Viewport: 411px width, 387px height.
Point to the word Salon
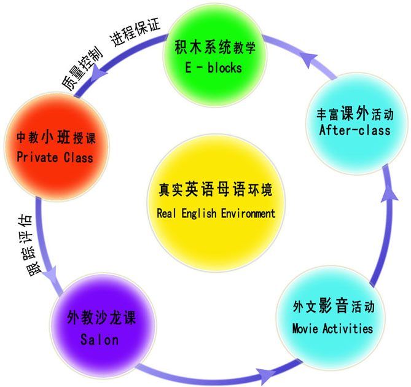coord(100,339)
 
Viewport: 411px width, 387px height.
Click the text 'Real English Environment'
coord(216,214)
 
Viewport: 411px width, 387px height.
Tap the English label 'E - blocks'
coord(213,68)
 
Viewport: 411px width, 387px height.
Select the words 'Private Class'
coord(55,158)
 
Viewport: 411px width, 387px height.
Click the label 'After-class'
coord(354,130)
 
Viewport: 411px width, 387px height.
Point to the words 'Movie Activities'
coord(332,329)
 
